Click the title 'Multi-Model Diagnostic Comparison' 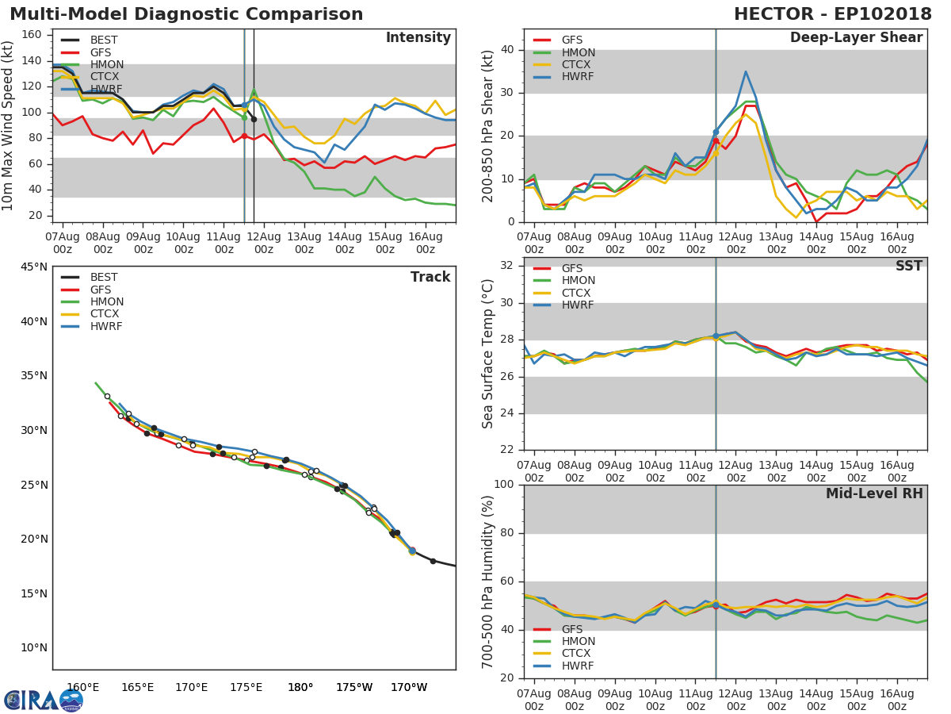point(186,14)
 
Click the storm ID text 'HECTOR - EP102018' point(832,14)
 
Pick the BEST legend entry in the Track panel point(104,278)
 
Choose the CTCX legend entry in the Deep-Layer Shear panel point(578,65)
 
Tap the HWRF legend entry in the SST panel point(578,305)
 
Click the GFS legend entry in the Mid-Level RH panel point(571,629)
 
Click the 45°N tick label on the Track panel point(33,267)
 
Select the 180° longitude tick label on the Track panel point(300,688)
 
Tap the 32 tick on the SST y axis point(507,266)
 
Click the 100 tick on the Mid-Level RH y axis point(504,485)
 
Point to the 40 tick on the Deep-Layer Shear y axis point(507,50)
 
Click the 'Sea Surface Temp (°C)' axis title point(488,354)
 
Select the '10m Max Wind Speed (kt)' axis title point(9,125)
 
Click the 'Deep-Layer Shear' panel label point(856,38)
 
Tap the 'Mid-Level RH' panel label point(873,494)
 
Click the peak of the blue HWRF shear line point(746,71)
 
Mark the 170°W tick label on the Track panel point(409,688)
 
